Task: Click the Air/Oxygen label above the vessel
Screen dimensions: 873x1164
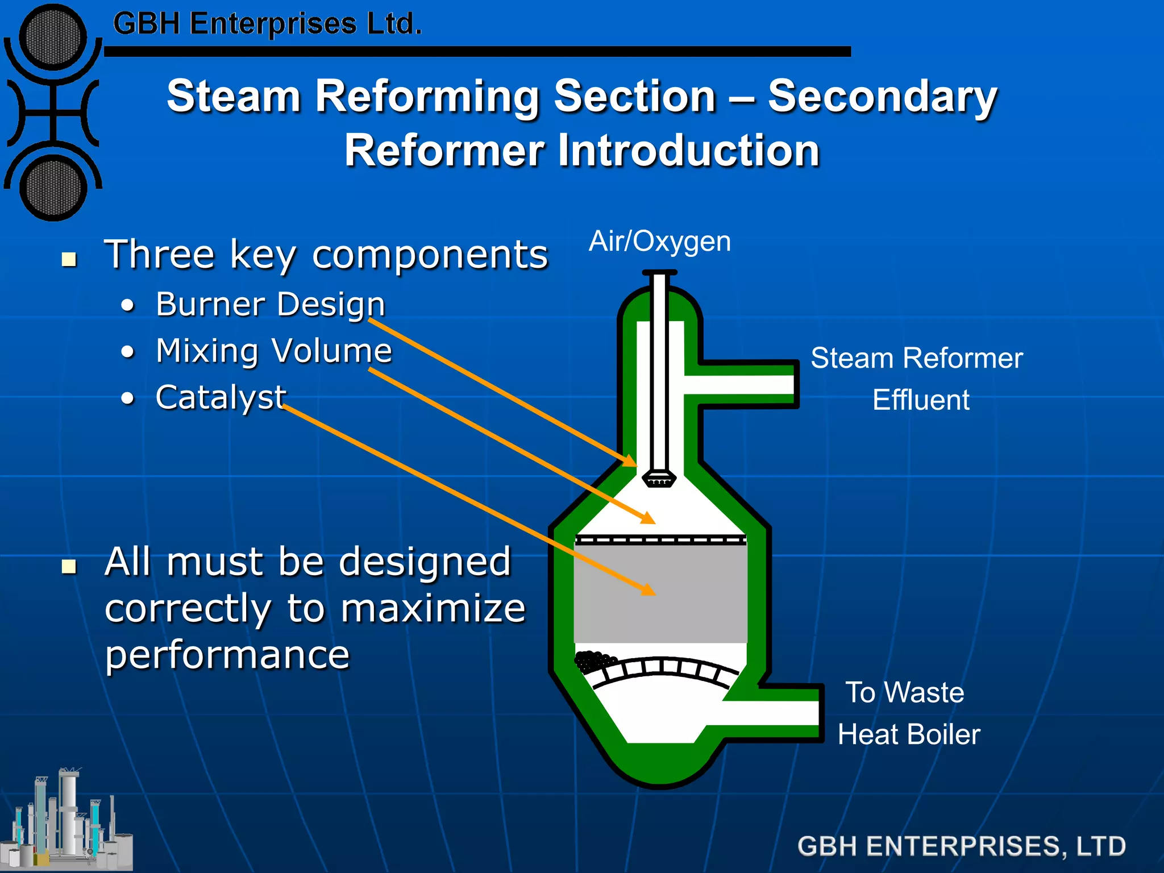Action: coord(659,242)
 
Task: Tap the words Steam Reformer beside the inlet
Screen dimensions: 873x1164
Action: coord(916,359)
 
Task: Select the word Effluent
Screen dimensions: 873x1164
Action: coord(921,400)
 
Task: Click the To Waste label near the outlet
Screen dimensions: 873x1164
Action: coord(905,693)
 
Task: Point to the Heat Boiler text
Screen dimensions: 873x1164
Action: coord(909,734)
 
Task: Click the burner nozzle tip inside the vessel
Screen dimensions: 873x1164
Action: coord(659,479)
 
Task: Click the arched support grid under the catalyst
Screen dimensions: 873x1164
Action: coord(665,671)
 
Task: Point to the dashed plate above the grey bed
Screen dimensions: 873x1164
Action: coord(660,540)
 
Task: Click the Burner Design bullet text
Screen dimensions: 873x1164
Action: coord(271,304)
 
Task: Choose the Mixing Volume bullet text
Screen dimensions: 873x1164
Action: coord(274,351)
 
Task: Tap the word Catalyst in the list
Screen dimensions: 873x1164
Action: coord(221,397)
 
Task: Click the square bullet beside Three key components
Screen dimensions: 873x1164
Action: coord(69,260)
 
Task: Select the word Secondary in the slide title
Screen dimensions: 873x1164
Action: coord(882,97)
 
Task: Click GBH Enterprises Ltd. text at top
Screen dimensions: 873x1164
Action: coord(267,24)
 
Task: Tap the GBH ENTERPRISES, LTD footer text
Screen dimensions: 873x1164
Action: coord(961,846)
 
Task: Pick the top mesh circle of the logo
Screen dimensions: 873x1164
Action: coord(53,37)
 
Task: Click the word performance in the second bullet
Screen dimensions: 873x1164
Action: coord(227,655)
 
